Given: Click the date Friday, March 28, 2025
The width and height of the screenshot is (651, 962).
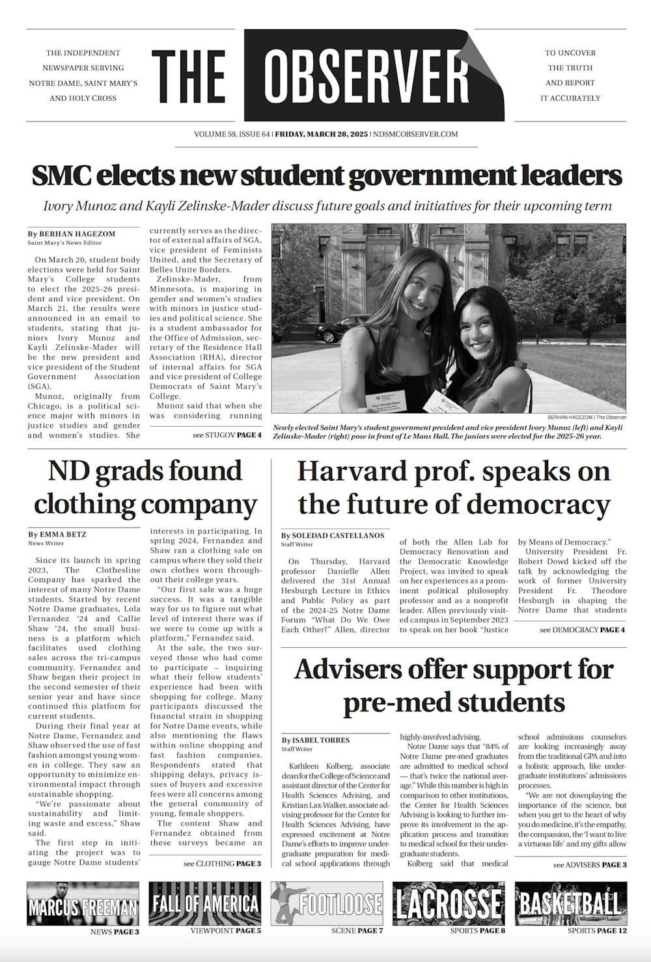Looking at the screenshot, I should (321, 135).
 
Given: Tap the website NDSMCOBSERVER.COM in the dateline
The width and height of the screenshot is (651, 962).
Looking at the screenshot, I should (414, 135).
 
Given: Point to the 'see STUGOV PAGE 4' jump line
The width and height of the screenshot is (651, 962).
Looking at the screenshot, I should (227, 434).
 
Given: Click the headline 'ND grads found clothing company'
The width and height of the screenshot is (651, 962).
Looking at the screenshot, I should (145, 487).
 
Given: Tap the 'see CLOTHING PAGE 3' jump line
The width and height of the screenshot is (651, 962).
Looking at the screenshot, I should (222, 863).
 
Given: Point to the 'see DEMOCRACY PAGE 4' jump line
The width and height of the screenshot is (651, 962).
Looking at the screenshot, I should (582, 630).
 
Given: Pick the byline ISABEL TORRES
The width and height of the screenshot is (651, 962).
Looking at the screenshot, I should (316, 740).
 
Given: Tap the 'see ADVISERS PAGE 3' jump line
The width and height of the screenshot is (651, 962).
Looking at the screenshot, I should (590, 864).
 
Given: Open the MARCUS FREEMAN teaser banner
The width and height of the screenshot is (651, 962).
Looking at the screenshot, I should (83, 903).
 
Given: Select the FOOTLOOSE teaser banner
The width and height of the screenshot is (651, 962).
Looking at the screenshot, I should (327, 903).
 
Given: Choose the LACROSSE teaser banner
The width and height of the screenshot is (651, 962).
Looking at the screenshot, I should (449, 903).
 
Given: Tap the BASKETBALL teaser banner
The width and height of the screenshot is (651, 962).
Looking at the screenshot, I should (570, 903).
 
